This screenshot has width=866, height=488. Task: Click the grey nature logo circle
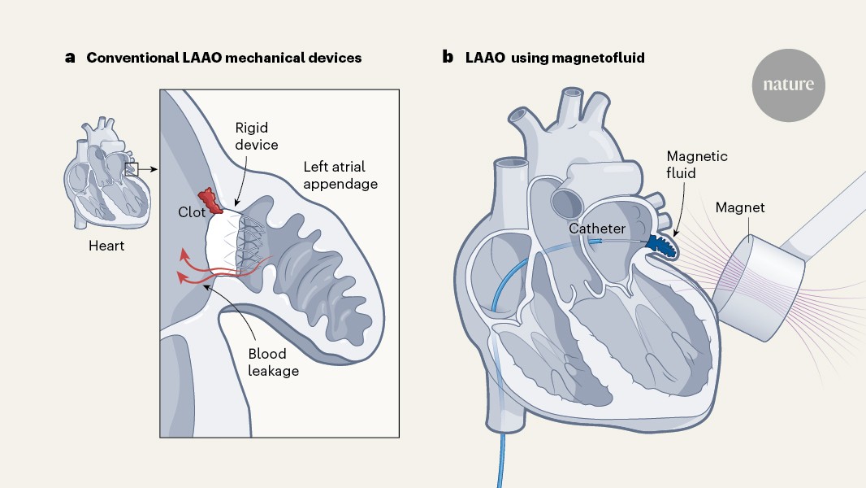click(788, 84)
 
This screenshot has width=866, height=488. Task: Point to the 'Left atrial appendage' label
click(340, 175)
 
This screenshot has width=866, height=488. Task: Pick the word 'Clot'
click(192, 213)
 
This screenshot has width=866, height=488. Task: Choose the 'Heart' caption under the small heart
click(106, 245)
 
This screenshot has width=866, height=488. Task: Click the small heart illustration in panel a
click(103, 174)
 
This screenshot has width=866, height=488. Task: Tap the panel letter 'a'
click(71, 58)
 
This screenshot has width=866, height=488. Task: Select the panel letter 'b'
click(447, 58)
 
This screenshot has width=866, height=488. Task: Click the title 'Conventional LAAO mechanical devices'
click(224, 58)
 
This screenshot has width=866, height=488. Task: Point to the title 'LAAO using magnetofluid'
click(555, 58)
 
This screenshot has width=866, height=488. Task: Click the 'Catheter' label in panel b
click(596, 229)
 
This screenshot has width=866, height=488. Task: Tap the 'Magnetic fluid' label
click(697, 165)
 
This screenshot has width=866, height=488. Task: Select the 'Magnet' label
click(740, 208)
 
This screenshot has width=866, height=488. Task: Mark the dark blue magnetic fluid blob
click(659, 244)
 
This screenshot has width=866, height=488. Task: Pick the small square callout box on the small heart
click(132, 169)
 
